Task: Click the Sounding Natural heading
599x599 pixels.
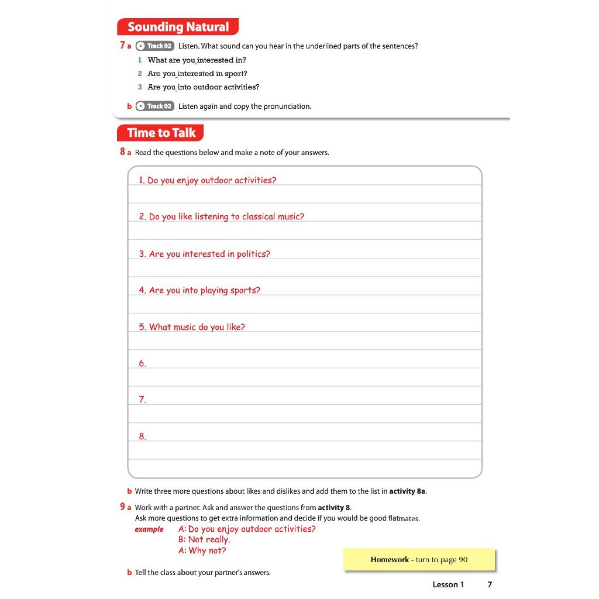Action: point(178,27)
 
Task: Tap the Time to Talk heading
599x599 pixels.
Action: point(161,133)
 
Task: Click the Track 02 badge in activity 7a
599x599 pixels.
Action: point(154,46)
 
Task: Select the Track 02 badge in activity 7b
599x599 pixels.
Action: point(154,106)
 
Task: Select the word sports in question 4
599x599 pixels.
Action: point(245,290)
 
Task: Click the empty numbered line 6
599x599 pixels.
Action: point(304,363)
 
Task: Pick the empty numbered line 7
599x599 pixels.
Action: point(304,400)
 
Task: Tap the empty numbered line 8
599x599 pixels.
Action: point(304,436)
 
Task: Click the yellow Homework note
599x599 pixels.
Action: point(419,560)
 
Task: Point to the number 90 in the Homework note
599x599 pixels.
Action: point(463,560)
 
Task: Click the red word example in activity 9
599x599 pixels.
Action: point(149,529)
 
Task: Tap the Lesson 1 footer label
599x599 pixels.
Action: point(448,584)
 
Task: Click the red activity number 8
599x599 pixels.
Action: point(122,152)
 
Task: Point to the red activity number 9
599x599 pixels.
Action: point(122,507)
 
